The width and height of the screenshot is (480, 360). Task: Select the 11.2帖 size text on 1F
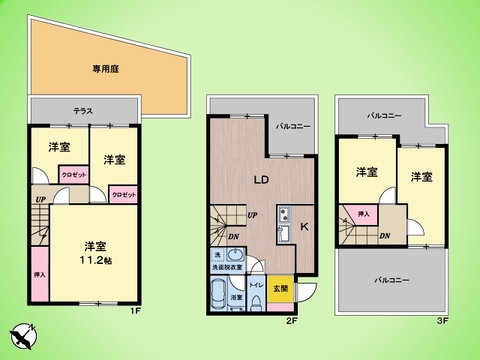pos(96,260)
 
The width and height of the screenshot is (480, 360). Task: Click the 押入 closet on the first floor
pos(39,274)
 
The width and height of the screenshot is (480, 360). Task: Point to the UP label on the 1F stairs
pos(40,200)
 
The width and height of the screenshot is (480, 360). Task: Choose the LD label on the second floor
pos(258,180)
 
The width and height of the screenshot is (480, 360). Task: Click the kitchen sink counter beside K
pos(282,225)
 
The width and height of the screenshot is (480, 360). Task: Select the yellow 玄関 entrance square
pos(281,288)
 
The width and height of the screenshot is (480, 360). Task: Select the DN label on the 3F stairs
pos(385,235)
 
